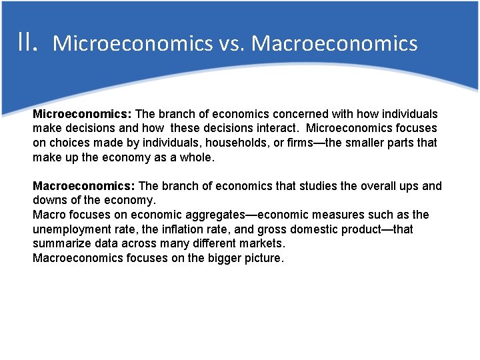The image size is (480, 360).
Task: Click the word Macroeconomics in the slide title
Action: tap(335, 43)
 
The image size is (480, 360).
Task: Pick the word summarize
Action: tap(62, 243)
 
